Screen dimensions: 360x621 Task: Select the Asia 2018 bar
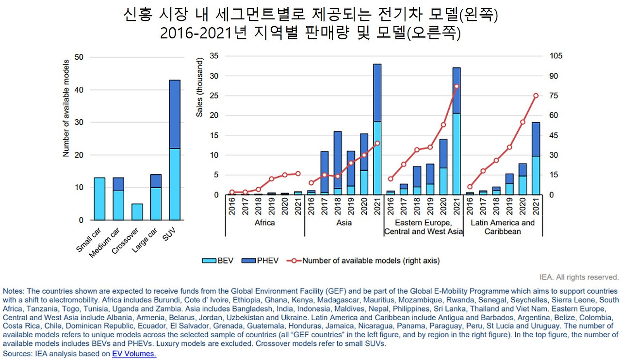point(338,163)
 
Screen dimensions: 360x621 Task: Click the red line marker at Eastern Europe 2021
point(457,86)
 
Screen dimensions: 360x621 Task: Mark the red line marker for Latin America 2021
point(536,96)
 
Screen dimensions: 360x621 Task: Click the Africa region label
point(264,223)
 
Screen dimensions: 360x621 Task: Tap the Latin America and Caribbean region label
point(503,227)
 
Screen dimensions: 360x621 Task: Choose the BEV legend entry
point(218,261)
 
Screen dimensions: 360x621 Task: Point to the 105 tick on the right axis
point(556,56)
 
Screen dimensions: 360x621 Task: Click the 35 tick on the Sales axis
point(214,56)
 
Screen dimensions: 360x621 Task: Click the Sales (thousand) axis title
point(199,87)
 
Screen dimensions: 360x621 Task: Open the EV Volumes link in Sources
point(134,354)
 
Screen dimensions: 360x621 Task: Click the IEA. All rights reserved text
point(579,278)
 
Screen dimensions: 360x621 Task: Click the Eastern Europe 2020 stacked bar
point(443,167)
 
